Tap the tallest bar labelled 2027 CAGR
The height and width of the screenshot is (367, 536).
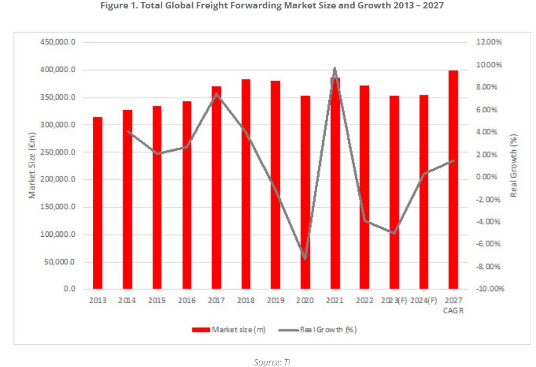click(453, 180)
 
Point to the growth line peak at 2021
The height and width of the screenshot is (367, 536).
click(335, 68)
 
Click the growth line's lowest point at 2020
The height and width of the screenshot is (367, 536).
click(305, 258)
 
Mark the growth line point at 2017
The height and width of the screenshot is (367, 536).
click(216, 94)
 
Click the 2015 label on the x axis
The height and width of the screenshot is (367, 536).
click(157, 301)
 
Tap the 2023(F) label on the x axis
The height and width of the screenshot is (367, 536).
click(395, 301)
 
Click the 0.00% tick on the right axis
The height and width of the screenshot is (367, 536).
click(489, 177)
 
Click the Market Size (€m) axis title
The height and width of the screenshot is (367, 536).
click(33, 166)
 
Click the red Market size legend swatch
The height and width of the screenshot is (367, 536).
click(200, 330)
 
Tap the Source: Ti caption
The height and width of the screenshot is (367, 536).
click(271, 362)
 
